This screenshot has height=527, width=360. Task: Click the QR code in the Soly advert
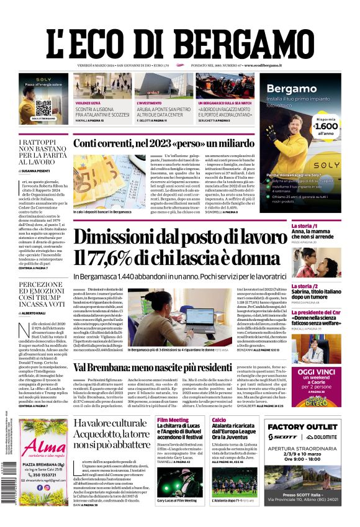43,106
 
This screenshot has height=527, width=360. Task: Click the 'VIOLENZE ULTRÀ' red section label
88,102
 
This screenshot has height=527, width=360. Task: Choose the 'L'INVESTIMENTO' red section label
149,102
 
